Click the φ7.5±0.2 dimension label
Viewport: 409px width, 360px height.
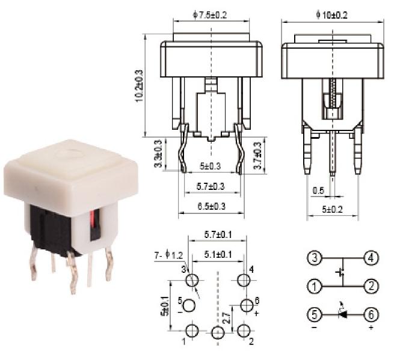(210, 15)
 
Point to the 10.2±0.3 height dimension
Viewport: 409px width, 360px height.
(140, 85)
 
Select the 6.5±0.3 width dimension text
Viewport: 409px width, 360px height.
(210, 206)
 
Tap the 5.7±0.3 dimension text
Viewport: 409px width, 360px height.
(210, 187)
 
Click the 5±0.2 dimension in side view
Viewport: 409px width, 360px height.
(333, 209)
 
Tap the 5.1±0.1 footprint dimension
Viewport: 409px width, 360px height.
(217, 255)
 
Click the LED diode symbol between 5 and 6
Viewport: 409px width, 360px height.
(342, 314)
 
